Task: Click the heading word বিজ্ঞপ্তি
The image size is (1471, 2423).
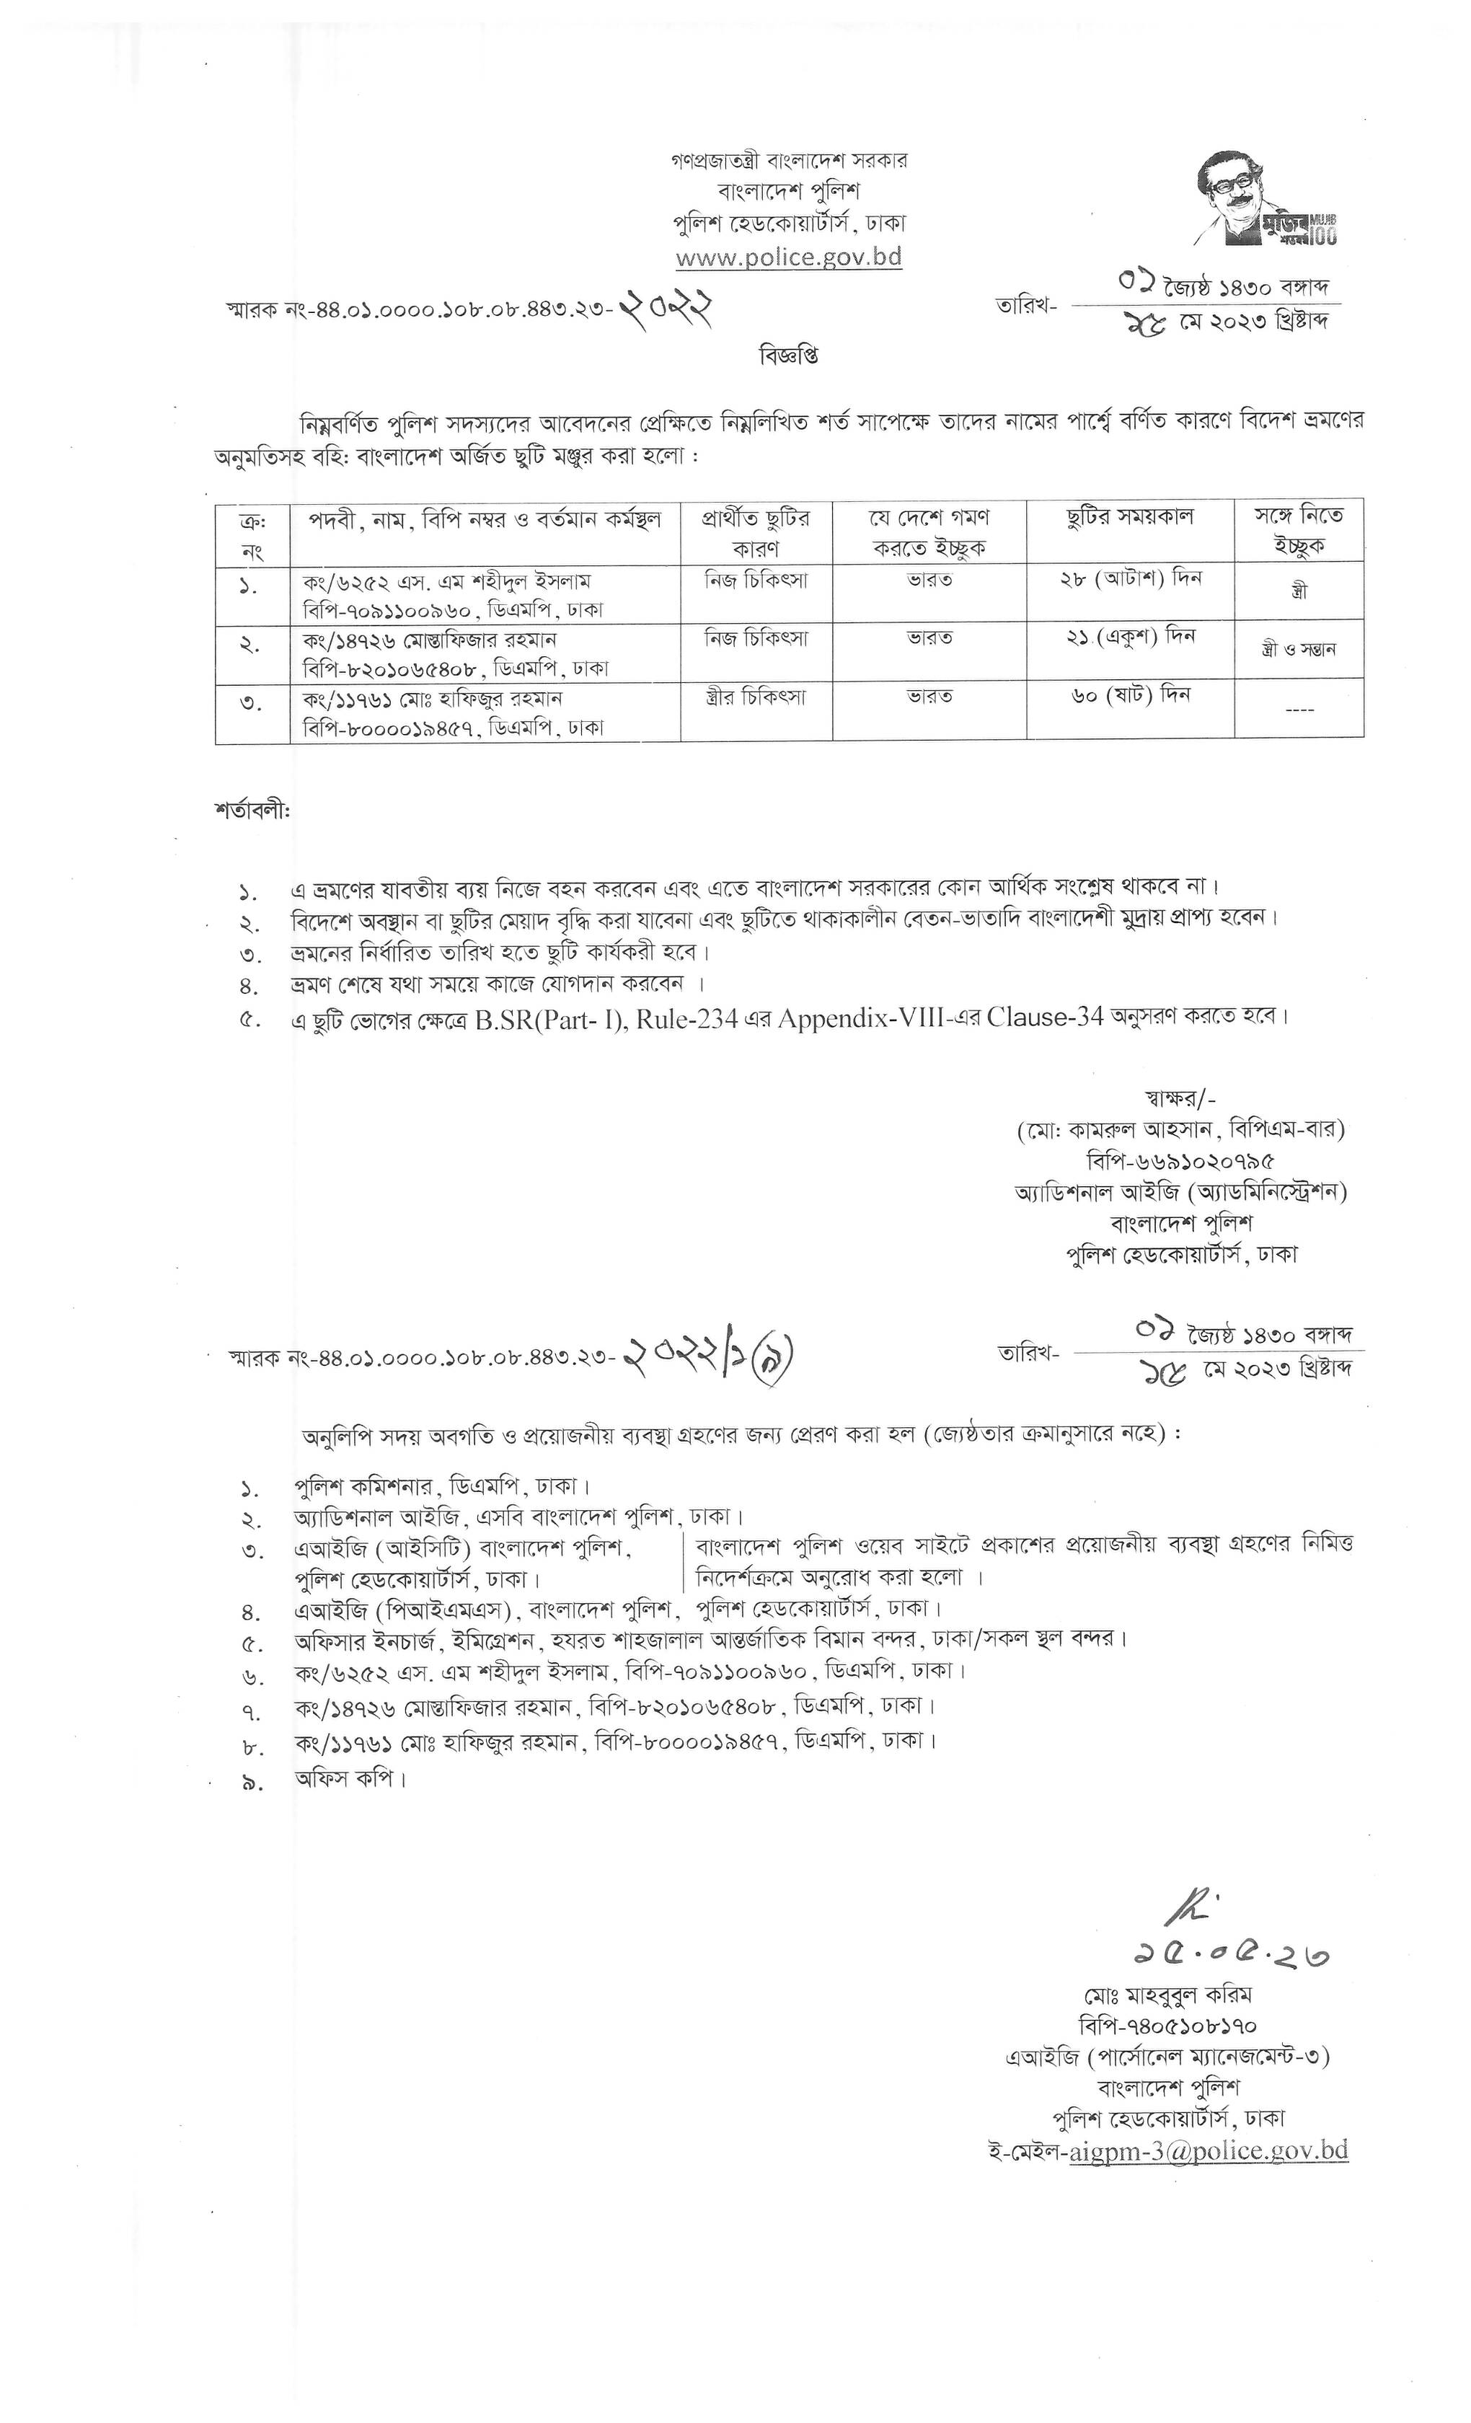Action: (x=789, y=355)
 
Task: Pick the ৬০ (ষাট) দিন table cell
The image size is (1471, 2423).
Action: (x=1130, y=695)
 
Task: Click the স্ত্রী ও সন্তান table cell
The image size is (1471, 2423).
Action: (x=1298, y=650)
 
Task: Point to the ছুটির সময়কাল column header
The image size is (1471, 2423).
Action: (x=1130, y=517)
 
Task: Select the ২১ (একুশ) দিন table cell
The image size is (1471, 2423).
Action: (x=1130, y=637)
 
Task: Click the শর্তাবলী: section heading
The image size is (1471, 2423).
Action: (x=252, y=811)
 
